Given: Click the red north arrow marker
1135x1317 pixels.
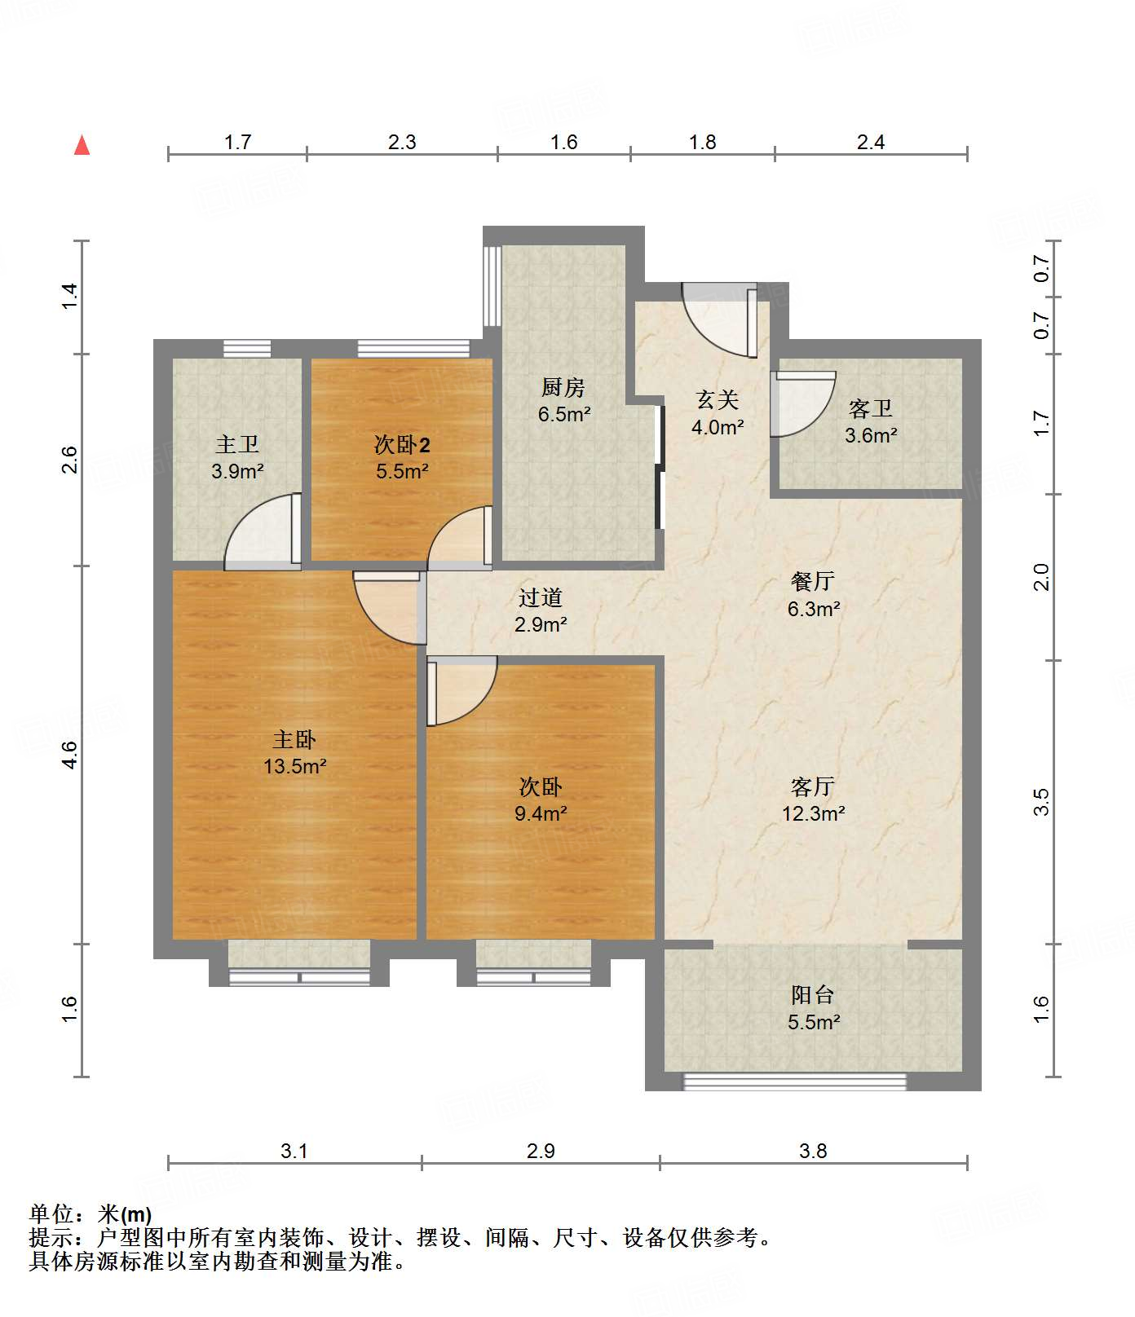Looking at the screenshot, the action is pyautogui.click(x=82, y=145).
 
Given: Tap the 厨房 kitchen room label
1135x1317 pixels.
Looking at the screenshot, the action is pyautogui.click(x=563, y=387).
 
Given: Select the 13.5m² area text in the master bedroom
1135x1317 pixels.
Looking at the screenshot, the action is pyautogui.click(x=295, y=766).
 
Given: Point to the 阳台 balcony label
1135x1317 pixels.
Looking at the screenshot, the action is pyautogui.click(x=813, y=994).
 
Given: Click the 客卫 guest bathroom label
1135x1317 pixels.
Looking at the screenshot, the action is pyautogui.click(x=871, y=407).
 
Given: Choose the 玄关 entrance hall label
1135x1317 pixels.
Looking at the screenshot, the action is pyautogui.click(x=718, y=399).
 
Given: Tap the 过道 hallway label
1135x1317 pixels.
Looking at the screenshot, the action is pyautogui.click(x=541, y=597).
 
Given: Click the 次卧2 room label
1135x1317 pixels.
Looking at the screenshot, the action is pyautogui.click(x=402, y=444).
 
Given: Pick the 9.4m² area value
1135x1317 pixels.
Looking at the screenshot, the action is pyautogui.click(x=541, y=813).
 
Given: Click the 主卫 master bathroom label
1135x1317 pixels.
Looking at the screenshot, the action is pyautogui.click(x=237, y=444).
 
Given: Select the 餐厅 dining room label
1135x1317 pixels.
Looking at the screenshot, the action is pyautogui.click(x=813, y=581).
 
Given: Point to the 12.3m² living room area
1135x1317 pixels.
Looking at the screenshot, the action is pyautogui.click(x=813, y=813).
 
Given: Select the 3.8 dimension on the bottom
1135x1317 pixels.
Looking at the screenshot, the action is pyautogui.click(x=813, y=1151).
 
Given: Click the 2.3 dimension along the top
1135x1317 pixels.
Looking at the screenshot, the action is pyautogui.click(x=402, y=143).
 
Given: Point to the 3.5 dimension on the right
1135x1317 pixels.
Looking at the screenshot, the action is pyautogui.click(x=1041, y=802).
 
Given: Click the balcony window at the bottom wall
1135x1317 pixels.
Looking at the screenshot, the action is pyautogui.click(x=795, y=1081).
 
